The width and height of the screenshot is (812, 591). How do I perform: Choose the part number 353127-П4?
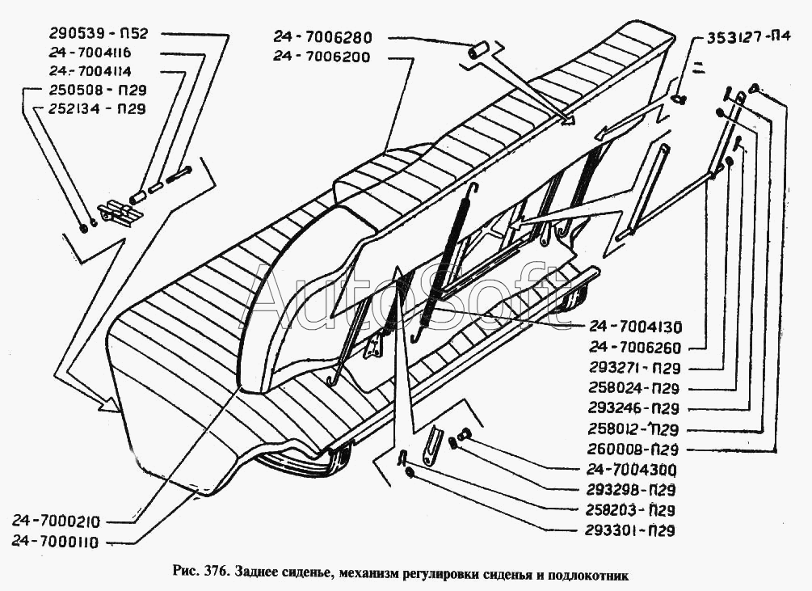pyautogui.click(x=749, y=38)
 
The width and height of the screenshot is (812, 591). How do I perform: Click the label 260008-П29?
pyautogui.click(x=634, y=449)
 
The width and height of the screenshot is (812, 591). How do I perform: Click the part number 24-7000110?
pyautogui.click(x=62, y=542)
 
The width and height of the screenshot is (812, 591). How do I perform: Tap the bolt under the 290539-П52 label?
pyautogui.click(x=183, y=173)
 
